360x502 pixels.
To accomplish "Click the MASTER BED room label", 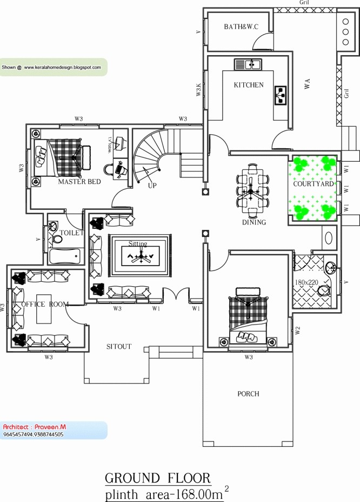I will tap(79, 182).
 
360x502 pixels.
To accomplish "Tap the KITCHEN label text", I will tap(249, 85).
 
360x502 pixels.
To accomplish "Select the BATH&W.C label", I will tap(241, 27).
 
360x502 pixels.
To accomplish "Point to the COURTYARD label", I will tap(314, 184).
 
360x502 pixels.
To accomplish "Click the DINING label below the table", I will tap(254, 222).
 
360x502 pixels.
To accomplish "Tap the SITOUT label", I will tap(118, 347).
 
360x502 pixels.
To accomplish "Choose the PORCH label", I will tap(248, 394).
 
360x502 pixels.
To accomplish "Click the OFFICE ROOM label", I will tap(45, 305).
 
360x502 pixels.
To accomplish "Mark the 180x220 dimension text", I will tap(306, 282).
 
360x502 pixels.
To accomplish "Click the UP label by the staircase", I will tap(152, 186).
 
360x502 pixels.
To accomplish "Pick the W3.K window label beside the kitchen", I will tap(198, 90).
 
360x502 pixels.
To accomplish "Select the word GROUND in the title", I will tap(132, 478).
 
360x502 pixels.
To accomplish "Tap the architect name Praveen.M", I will tap(49, 427).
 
